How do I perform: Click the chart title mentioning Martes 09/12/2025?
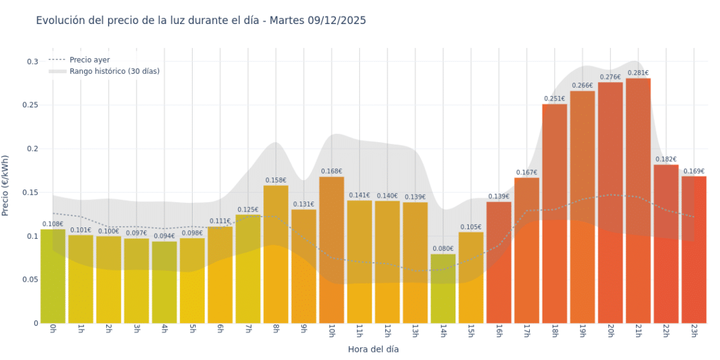point(201,21)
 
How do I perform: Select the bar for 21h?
point(638,202)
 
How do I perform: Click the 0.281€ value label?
point(638,73)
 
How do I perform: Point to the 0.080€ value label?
point(443,249)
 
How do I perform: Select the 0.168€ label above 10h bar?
point(332,171)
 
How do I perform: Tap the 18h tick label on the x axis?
point(554,332)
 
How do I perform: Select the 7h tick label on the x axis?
point(248,332)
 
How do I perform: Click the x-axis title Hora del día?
point(373,349)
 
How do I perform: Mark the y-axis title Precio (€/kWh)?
point(6,186)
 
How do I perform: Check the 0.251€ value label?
point(555,99)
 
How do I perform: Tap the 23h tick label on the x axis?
point(693,332)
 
